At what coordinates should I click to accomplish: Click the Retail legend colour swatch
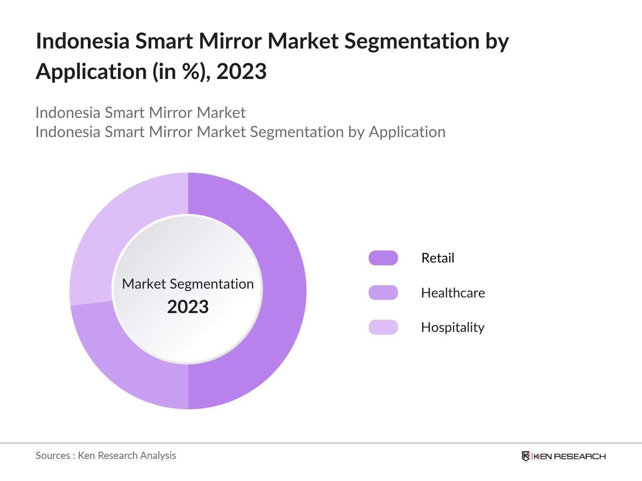point(383,258)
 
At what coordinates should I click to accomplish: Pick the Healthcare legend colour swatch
point(383,293)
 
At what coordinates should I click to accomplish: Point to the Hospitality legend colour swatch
point(383,327)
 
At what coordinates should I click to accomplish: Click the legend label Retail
point(438,258)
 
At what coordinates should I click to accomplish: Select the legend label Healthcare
point(453,293)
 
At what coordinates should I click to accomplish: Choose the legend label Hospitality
point(453,327)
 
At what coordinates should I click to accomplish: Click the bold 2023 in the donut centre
point(188,307)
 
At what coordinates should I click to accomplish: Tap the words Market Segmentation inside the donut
point(188,284)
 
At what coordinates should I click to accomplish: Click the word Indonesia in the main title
point(82,41)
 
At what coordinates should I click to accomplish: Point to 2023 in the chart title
point(241,72)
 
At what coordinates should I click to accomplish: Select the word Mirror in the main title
point(230,41)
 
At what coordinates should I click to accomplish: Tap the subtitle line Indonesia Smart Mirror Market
point(140,113)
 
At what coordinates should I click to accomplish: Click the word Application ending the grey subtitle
point(407,132)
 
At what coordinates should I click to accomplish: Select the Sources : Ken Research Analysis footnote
point(106,455)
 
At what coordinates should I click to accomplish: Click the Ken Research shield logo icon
point(526,456)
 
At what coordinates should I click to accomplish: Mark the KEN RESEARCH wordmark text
point(569,456)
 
